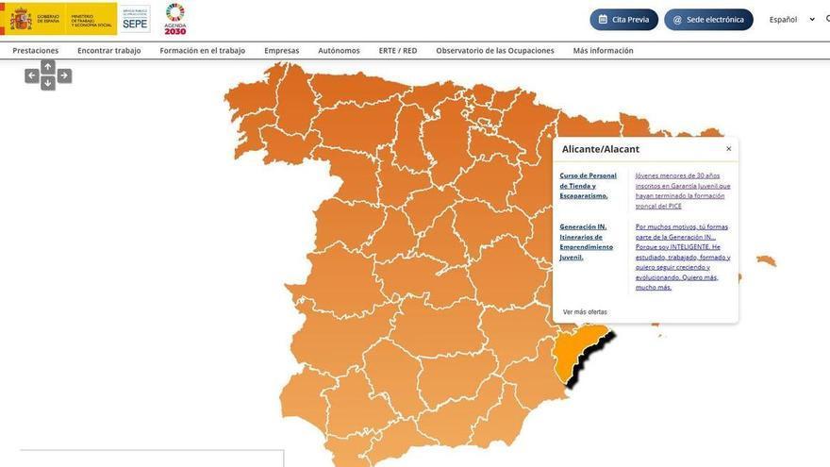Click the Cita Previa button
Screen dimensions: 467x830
pos(623,19)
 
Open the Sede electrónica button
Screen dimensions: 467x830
pos(708,19)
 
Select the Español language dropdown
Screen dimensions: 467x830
pos(791,19)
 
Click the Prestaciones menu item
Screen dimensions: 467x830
pos(36,50)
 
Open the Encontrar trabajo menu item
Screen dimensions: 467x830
pos(109,50)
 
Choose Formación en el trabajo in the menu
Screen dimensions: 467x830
pos(203,50)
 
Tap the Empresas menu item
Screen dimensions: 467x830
pos(282,50)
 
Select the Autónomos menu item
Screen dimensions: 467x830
pos(339,50)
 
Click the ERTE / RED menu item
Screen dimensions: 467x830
pos(398,50)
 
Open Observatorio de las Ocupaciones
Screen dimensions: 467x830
pos(495,50)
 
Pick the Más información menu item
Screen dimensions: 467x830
pos(604,50)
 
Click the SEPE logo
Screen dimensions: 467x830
pos(135,19)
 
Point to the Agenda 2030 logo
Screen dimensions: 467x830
pos(175,18)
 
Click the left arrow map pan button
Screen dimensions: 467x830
pos(32,75)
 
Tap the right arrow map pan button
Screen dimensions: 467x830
pos(64,75)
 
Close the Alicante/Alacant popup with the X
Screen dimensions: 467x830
pos(728,149)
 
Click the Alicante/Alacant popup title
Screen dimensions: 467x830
pos(601,149)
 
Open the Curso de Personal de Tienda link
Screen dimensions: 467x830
pos(589,185)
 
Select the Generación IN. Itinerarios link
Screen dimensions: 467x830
pos(587,242)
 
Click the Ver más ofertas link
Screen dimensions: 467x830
pos(585,311)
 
